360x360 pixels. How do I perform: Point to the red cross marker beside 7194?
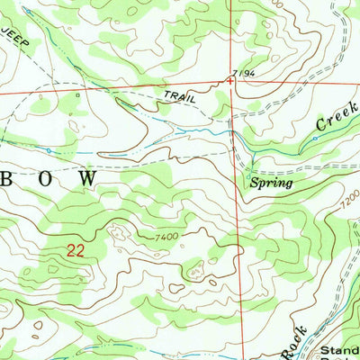[230, 82]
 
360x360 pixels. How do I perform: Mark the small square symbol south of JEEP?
[78, 94]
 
